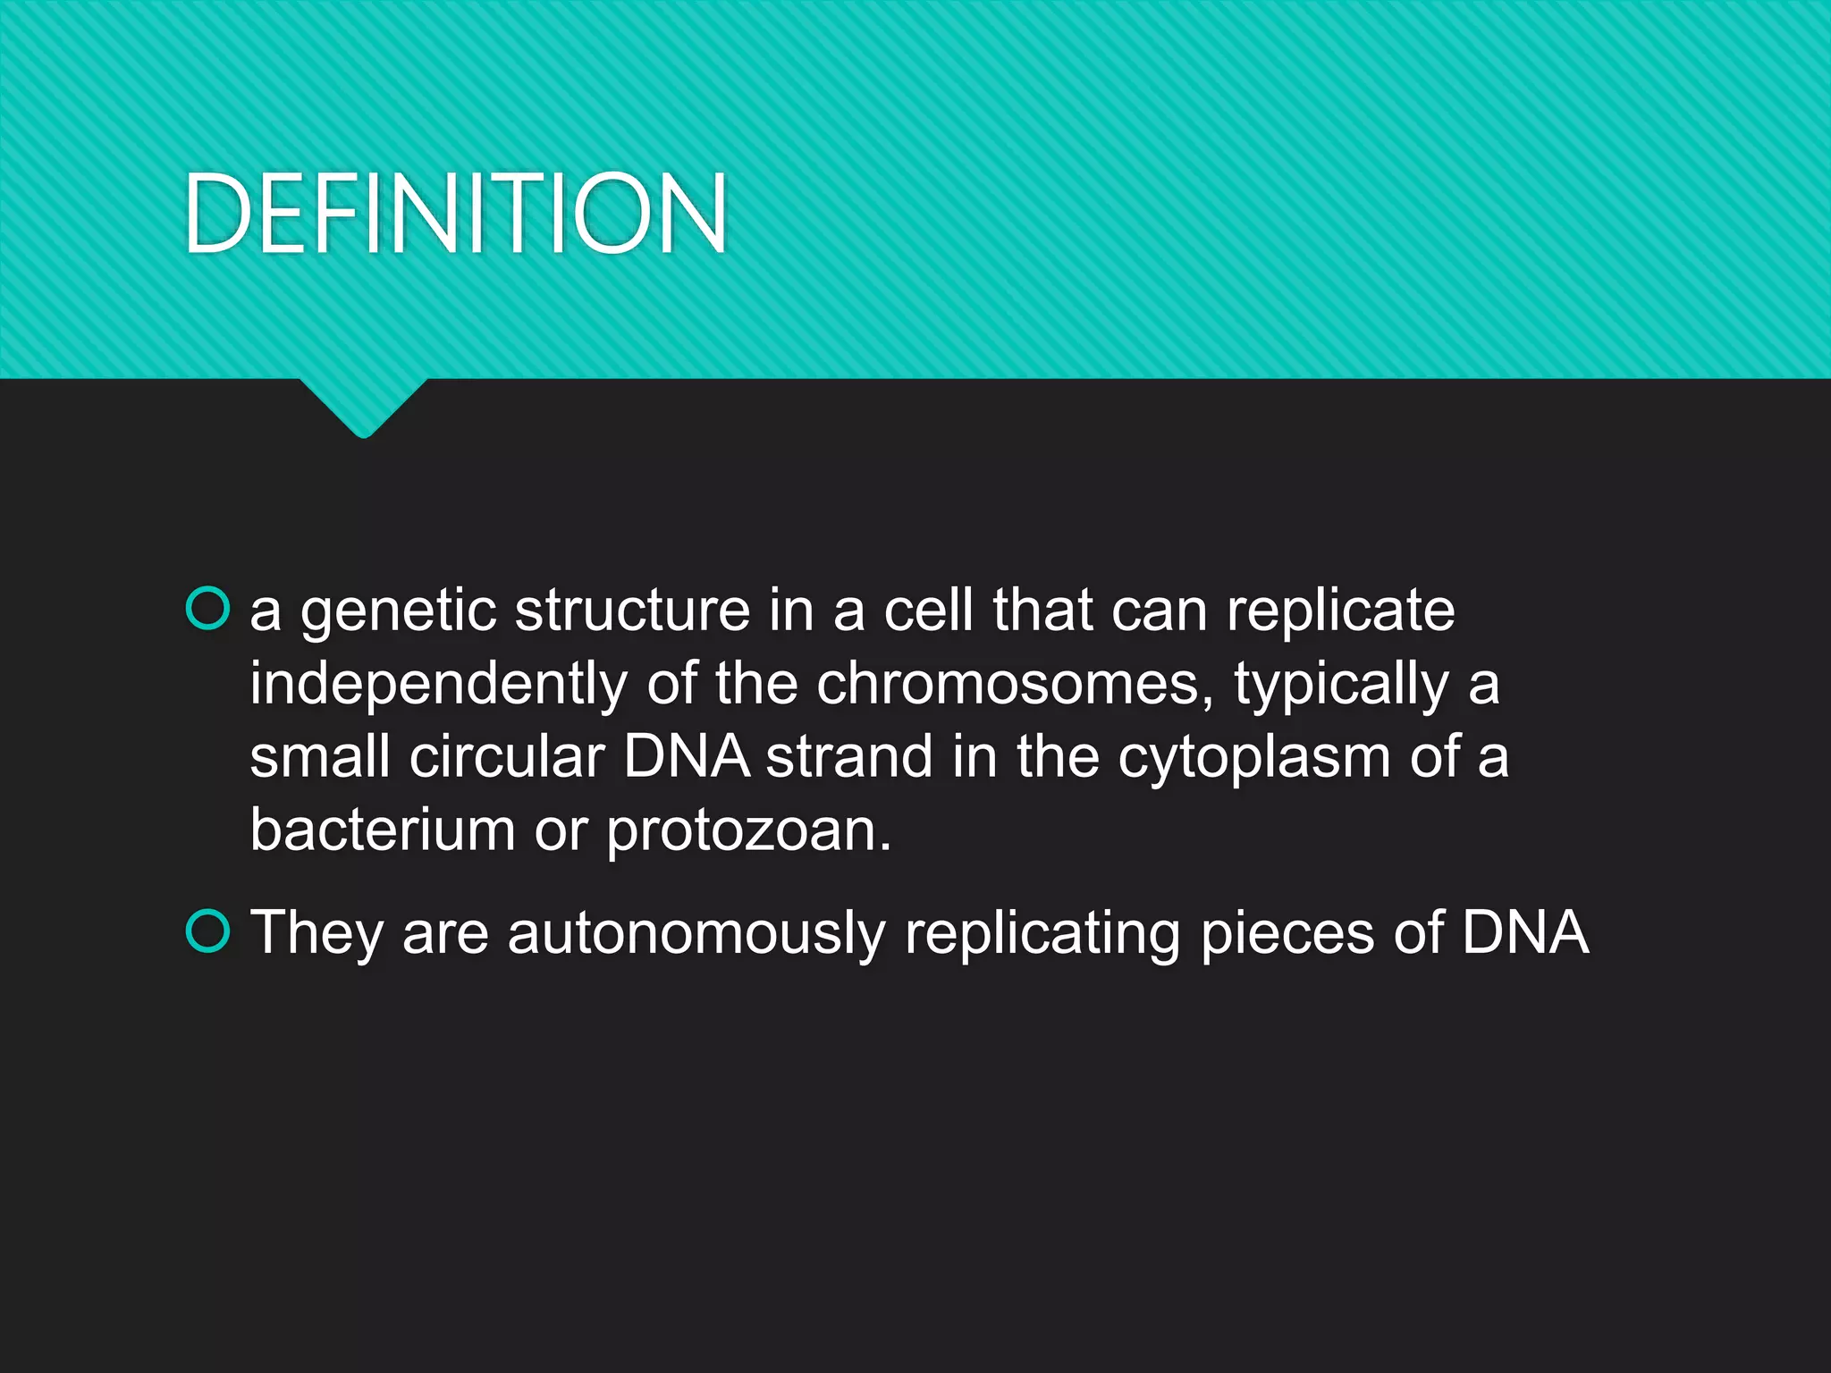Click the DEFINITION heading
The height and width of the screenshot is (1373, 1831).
coord(456,215)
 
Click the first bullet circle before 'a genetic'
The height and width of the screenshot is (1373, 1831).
coord(207,609)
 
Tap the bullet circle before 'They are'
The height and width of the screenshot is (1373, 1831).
coord(207,931)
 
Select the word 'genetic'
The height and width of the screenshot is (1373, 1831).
coord(398,613)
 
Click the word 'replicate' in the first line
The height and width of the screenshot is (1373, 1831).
coord(1340,613)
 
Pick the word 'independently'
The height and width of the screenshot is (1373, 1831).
coord(438,686)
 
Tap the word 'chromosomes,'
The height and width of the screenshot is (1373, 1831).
coord(1015,686)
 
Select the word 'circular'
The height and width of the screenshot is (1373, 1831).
coord(507,758)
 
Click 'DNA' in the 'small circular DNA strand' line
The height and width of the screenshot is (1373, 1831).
coord(686,758)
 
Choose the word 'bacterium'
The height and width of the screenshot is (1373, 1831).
coord(383,831)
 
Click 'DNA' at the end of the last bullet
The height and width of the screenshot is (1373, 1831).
coord(1525,933)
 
